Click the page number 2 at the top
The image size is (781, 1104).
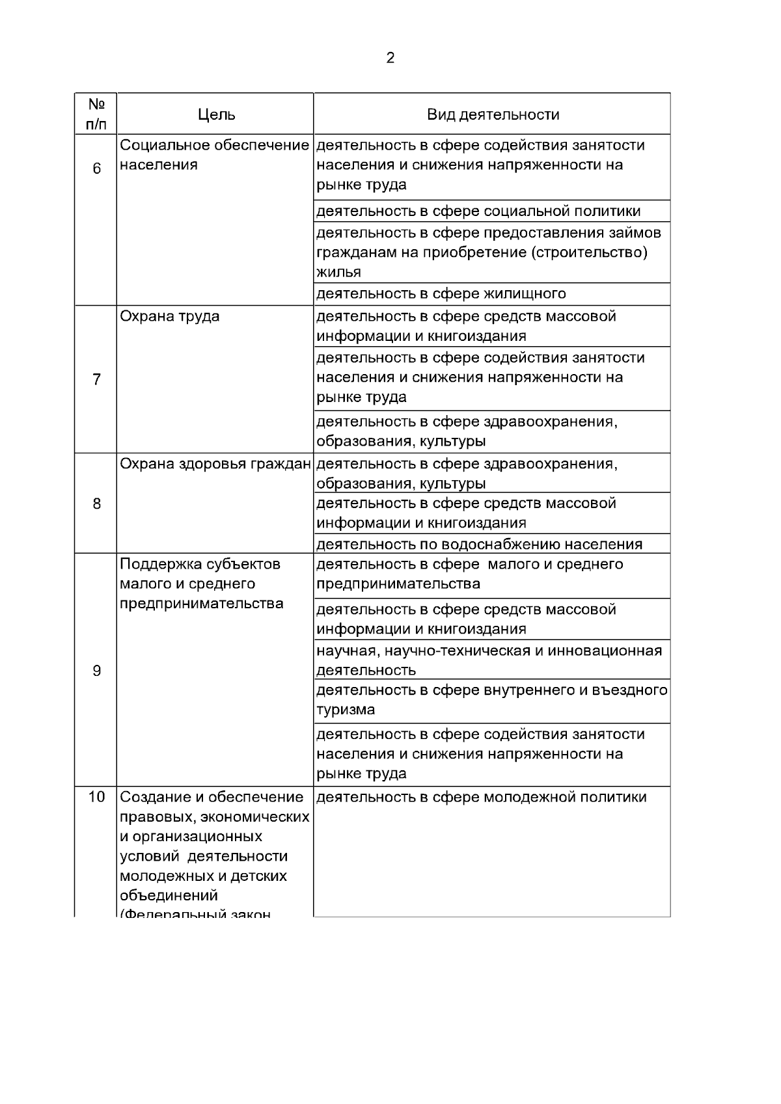point(390,59)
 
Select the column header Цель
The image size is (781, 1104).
point(217,115)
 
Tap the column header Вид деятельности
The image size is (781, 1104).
point(493,115)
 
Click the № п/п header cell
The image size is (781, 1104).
point(96,114)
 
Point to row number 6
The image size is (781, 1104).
point(96,169)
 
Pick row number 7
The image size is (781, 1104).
point(96,379)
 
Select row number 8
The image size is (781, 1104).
point(96,504)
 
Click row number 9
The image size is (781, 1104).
point(96,671)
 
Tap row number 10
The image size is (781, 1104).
point(96,797)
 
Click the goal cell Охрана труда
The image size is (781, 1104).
point(170,317)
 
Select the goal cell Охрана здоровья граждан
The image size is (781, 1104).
point(215,464)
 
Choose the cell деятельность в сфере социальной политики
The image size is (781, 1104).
point(478,211)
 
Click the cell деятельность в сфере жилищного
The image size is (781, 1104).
point(441,294)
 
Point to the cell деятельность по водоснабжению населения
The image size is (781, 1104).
point(480,545)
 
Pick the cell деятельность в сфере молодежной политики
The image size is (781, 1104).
point(482,798)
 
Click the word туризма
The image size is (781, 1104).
point(346,710)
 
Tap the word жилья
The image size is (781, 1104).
point(338,272)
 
